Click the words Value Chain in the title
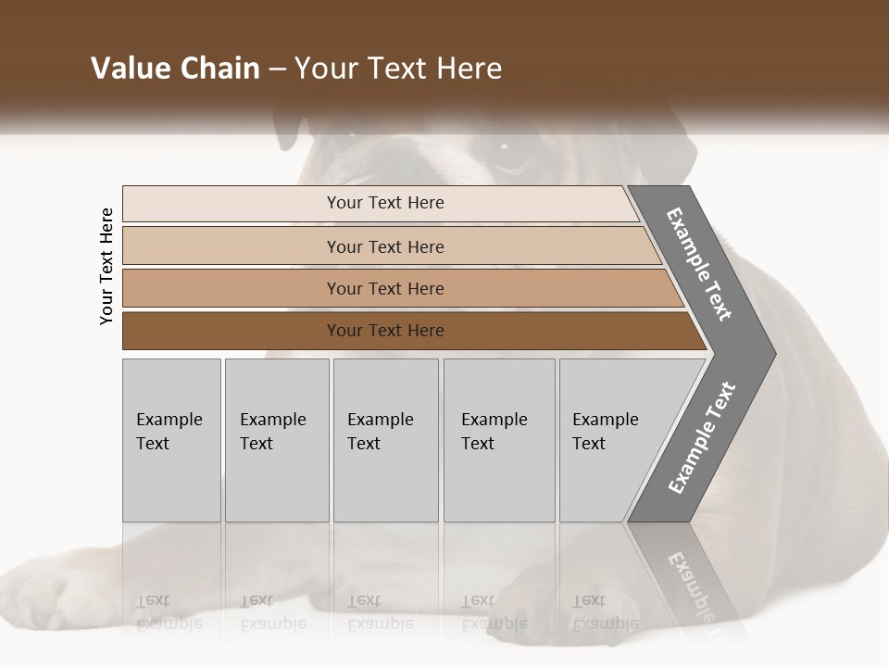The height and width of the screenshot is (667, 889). [175, 69]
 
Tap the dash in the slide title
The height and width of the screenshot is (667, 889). [277, 69]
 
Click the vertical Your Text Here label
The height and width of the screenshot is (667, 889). [106, 266]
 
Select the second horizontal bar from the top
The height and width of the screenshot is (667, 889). [384, 246]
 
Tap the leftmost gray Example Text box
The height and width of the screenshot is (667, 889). [171, 440]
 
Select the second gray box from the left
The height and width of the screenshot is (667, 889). [277, 440]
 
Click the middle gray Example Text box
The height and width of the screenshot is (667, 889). [385, 440]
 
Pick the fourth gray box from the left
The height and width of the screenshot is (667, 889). [499, 440]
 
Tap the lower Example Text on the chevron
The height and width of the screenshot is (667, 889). [702, 438]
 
